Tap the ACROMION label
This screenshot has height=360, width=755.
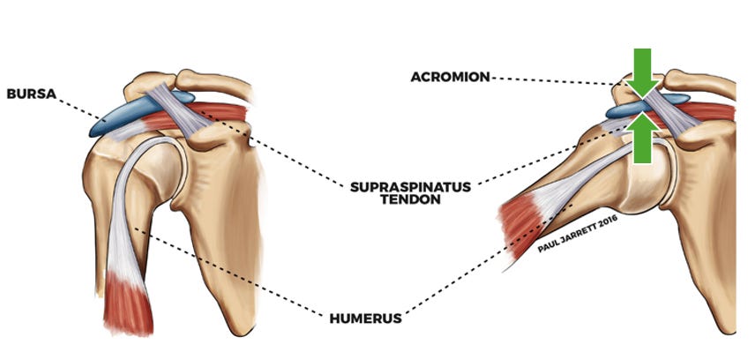(x=450, y=77)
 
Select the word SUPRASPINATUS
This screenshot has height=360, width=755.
(x=410, y=187)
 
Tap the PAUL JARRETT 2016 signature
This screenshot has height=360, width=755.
(x=579, y=233)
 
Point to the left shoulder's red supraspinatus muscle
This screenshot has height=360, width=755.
(x=221, y=115)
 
